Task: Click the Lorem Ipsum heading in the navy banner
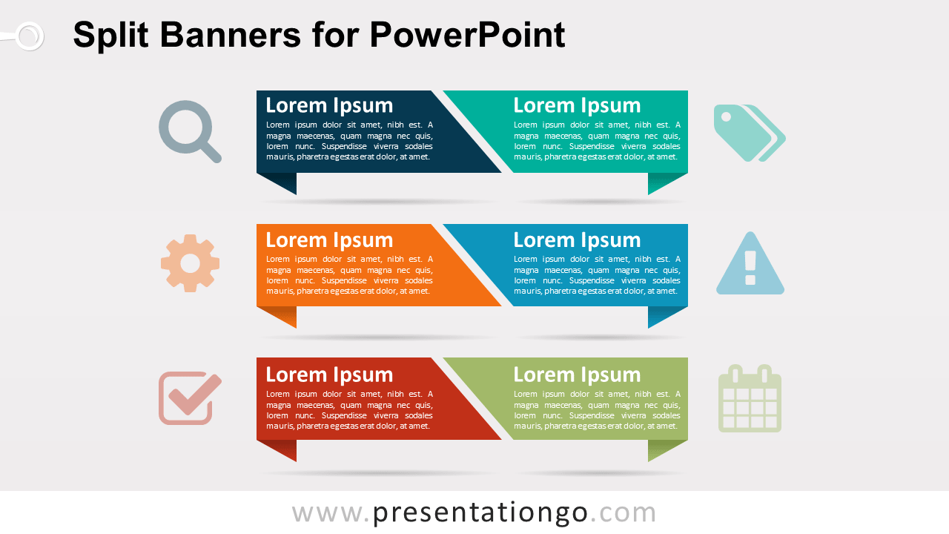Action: (329, 105)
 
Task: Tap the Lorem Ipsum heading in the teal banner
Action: (577, 105)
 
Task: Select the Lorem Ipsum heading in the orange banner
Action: (329, 240)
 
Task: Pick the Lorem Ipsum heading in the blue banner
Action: (577, 240)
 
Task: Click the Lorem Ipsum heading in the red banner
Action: (329, 375)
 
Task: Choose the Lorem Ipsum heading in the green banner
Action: (577, 375)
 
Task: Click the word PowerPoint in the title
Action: (467, 35)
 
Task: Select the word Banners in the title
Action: (231, 35)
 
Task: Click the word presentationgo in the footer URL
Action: (480, 513)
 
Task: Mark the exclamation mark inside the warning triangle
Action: (750, 268)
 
